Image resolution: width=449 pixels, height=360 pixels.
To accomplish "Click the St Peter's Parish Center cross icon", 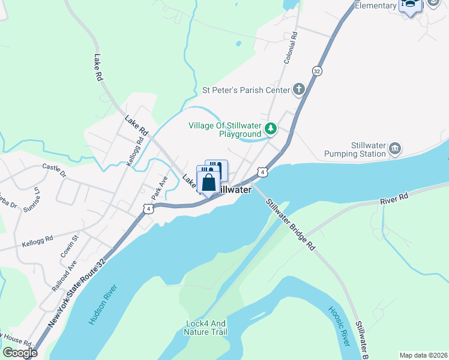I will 298,91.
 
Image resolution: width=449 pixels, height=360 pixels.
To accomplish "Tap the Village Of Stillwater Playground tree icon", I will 271,128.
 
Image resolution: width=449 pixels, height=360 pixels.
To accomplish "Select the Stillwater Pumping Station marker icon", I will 395,148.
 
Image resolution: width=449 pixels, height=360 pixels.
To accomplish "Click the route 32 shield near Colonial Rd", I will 316,71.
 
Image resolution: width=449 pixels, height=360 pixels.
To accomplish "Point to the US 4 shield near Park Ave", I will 148,208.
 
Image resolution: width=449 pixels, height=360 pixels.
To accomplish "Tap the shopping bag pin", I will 208,182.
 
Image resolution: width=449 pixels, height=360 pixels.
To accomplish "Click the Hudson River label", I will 101,305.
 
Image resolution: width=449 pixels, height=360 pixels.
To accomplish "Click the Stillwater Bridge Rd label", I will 291,224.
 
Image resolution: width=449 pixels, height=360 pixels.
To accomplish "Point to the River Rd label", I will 394,197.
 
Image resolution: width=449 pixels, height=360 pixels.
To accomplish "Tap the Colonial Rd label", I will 291,49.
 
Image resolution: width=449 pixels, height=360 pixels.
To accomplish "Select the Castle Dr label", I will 53,170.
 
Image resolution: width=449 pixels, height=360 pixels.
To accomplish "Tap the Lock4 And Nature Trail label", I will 206,327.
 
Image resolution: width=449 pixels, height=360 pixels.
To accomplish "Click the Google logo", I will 20,353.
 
